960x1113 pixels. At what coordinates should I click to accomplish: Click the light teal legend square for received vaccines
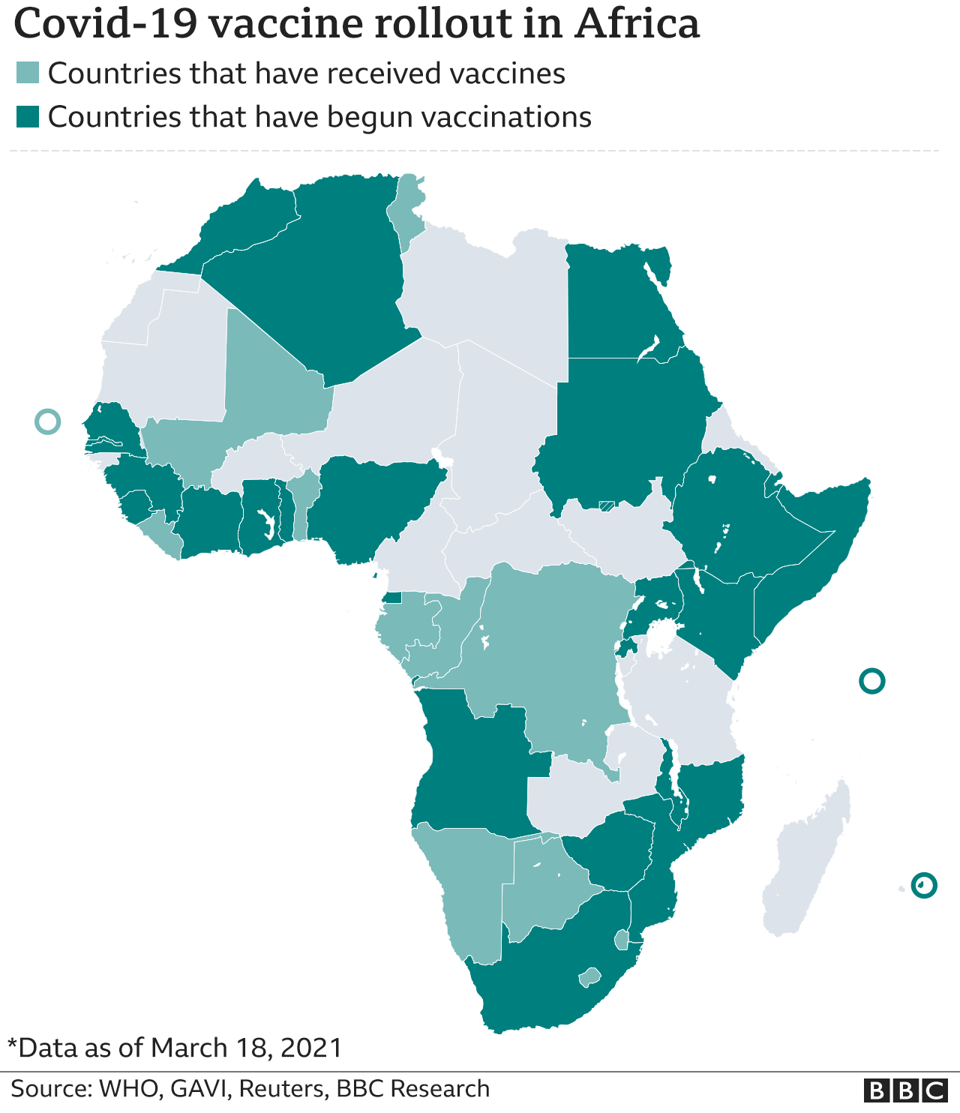tap(28, 73)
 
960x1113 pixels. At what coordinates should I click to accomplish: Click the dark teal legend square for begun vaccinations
tap(28, 117)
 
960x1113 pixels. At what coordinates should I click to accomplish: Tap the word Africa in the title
tap(637, 24)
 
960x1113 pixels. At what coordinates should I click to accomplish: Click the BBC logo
tap(905, 1090)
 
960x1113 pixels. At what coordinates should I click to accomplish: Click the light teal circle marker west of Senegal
tap(47, 421)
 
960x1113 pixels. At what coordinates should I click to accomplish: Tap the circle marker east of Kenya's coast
tap(871, 681)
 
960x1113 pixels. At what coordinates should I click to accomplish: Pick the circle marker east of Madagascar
tap(924, 885)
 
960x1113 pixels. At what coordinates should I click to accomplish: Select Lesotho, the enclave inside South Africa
tap(590, 977)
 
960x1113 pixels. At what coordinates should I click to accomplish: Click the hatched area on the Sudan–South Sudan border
tap(607, 506)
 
